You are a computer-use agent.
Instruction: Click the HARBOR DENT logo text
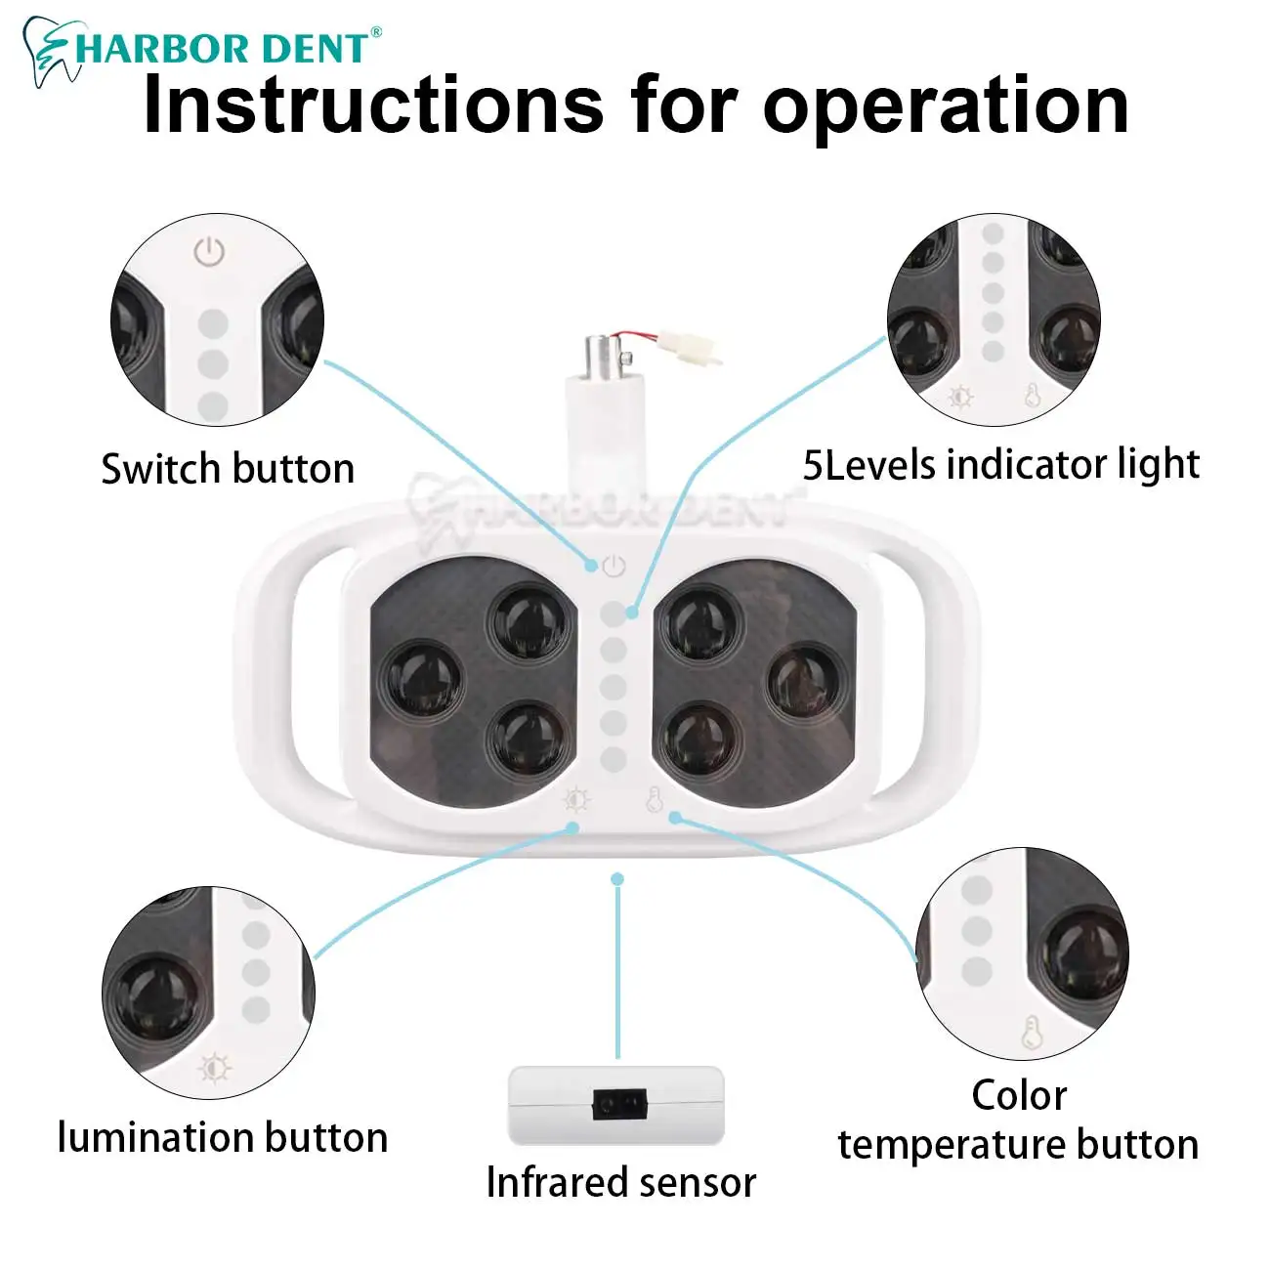click(223, 48)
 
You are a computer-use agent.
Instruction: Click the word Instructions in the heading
click(372, 106)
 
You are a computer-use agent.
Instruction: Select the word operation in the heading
click(945, 108)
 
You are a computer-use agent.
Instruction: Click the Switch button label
click(228, 469)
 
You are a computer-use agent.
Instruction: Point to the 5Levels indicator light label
click(1001, 465)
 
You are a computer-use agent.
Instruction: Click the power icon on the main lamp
click(614, 566)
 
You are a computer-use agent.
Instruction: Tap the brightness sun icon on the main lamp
click(576, 799)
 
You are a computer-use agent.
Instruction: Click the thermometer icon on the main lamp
click(654, 799)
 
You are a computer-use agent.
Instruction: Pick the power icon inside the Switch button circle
click(210, 252)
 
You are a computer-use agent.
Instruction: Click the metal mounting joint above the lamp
click(605, 356)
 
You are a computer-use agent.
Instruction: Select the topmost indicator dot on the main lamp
click(613, 614)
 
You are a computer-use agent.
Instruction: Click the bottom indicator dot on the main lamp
click(613, 759)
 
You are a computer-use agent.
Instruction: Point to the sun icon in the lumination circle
click(214, 1069)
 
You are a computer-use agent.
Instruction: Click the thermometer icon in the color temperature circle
click(1032, 1032)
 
